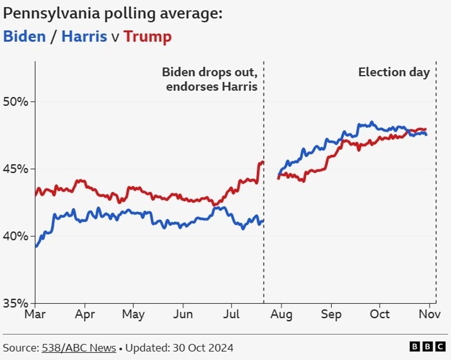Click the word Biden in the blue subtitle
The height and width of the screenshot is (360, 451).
pyautogui.click(x=24, y=36)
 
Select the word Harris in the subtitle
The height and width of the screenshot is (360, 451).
pyautogui.click(x=84, y=36)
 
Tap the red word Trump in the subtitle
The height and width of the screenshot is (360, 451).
pyautogui.click(x=148, y=36)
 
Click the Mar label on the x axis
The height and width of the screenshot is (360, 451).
pyautogui.click(x=35, y=314)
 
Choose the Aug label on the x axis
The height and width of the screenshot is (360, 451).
pyautogui.click(x=281, y=314)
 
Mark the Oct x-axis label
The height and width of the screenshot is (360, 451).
pyautogui.click(x=380, y=314)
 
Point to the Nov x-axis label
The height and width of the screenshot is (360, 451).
pyautogui.click(x=429, y=314)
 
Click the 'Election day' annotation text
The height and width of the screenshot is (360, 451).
pyautogui.click(x=394, y=72)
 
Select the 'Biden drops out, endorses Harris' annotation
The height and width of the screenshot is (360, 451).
pyautogui.click(x=210, y=79)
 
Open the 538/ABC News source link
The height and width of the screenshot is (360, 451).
pyautogui.click(x=79, y=348)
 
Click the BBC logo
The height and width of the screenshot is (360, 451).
pyautogui.click(x=428, y=347)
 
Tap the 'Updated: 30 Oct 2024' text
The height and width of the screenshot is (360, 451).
pyautogui.click(x=179, y=348)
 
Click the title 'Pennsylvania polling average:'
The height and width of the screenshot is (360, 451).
pyautogui.click(x=113, y=13)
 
